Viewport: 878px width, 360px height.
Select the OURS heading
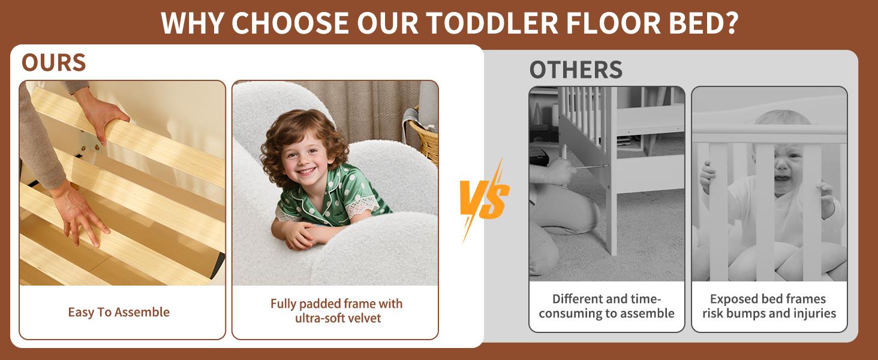pos(53,62)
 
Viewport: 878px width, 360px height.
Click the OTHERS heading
pos(575,70)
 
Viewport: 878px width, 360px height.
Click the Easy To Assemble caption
pos(119,312)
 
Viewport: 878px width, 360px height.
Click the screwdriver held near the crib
pos(591,166)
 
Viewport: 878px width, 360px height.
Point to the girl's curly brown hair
pos(282,129)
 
